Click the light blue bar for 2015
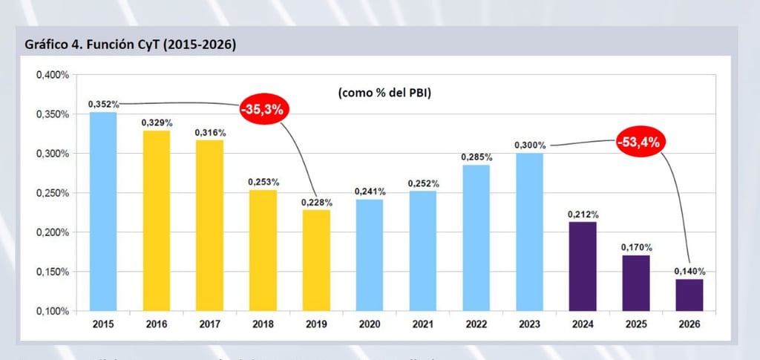click(x=103, y=211)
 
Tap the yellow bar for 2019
click(x=316, y=259)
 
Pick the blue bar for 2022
click(x=476, y=237)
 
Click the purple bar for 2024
click(x=583, y=266)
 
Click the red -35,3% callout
click(x=263, y=109)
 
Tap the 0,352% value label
click(x=103, y=105)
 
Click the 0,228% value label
click(x=316, y=202)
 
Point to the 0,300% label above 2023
click(x=530, y=145)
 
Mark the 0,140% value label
click(x=689, y=271)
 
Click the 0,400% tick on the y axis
click(x=52, y=75)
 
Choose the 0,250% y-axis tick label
click(x=52, y=193)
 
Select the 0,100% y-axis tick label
click(x=52, y=311)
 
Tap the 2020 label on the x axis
click(x=370, y=324)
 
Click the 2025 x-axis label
click(x=636, y=324)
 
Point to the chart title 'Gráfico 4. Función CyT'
click(x=131, y=45)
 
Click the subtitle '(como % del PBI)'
click(x=384, y=94)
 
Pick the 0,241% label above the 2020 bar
click(x=370, y=192)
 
